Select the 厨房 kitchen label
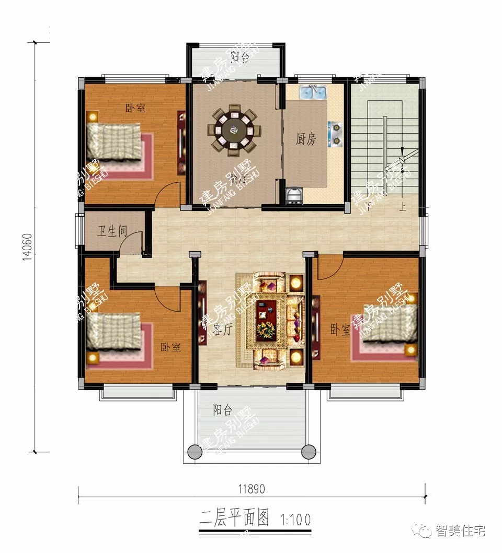[x=306, y=139]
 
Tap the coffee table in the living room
[x=269, y=319]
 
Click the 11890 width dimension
[x=252, y=489]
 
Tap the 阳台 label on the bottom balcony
[x=222, y=410]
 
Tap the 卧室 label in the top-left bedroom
[x=135, y=108]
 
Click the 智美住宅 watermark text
[x=461, y=531]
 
